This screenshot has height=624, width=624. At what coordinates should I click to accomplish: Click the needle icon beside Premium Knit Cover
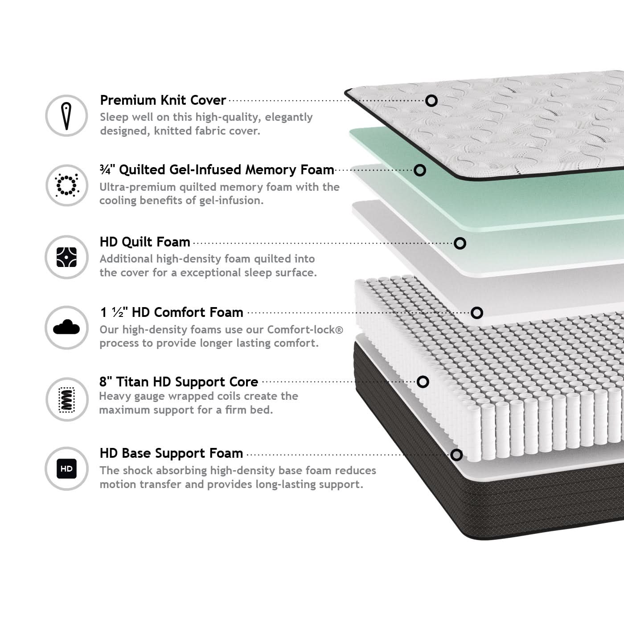point(66,115)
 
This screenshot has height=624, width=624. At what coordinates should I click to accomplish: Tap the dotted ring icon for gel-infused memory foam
point(67,185)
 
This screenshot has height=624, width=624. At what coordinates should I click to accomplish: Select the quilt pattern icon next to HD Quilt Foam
point(67,257)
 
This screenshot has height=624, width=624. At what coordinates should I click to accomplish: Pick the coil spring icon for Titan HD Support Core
point(67,400)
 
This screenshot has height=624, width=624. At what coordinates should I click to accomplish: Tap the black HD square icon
point(67,468)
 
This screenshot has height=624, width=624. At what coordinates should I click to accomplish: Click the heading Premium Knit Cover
point(163,100)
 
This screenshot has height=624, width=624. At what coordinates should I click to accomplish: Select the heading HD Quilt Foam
point(145,242)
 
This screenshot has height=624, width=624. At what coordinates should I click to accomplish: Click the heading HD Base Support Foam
point(171,453)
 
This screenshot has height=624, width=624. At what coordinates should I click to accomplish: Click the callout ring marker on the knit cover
point(431,101)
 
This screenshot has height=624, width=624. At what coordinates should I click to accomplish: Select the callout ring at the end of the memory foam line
point(420,170)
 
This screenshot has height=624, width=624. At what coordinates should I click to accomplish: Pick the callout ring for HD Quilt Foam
point(460,243)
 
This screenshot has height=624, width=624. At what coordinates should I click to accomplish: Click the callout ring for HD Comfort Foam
point(476,313)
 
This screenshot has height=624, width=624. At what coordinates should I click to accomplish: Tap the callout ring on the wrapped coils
point(423,382)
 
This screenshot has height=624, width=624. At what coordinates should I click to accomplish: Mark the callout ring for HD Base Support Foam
point(456,455)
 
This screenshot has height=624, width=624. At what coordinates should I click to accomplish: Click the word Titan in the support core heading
point(132,382)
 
